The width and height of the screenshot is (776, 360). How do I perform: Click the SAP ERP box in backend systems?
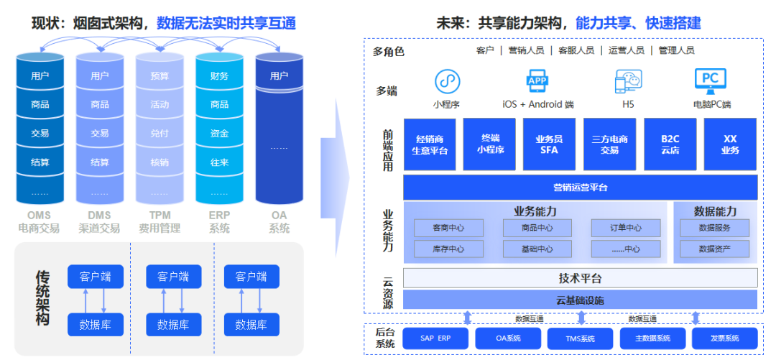tap(435, 338)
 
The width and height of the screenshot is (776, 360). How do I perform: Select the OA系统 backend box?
tap(508, 338)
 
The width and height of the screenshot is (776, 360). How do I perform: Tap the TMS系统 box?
tap(581, 338)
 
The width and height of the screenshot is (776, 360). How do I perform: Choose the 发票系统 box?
tap(725, 338)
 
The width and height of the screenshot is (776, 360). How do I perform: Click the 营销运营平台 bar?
tap(581, 188)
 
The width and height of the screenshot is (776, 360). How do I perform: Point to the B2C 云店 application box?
tap(670, 144)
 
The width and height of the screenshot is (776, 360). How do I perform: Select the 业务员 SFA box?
tap(549, 144)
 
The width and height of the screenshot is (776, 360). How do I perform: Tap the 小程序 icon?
tap(446, 81)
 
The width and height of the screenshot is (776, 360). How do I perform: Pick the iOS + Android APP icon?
tap(537, 80)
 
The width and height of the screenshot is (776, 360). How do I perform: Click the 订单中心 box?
tap(626, 229)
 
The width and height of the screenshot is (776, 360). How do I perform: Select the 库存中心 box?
tap(448, 249)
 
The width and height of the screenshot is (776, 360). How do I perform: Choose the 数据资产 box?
tap(714, 249)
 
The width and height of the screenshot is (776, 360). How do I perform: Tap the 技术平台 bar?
tap(581, 278)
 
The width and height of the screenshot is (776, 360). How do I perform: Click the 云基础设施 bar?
tap(581, 300)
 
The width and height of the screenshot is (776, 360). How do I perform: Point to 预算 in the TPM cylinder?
tap(160, 76)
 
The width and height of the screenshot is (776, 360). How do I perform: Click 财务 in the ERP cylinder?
tap(220, 76)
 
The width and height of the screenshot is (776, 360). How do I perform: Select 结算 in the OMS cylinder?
tap(40, 162)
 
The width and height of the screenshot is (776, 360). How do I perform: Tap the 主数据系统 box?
tap(652, 338)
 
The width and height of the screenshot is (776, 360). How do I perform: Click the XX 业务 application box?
tap(731, 144)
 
